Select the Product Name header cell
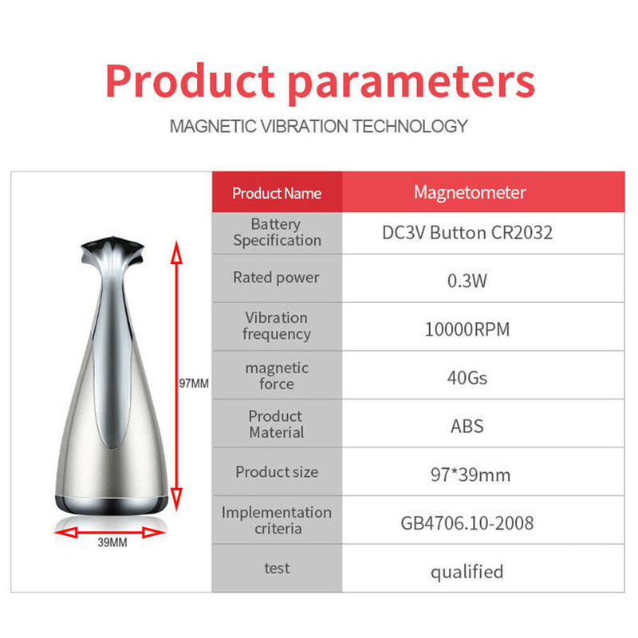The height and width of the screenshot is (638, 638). [x=277, y=193]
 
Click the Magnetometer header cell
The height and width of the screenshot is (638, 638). [x=470, y=192]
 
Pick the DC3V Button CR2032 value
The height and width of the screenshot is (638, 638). [x=467, y=234]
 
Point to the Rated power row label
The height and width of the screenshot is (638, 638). [x=276, y=278]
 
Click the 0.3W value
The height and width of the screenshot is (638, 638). [x=467, y=280]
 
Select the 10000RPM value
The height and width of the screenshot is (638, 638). [x=467, y=329]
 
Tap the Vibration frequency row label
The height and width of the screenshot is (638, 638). [x=276, y=325]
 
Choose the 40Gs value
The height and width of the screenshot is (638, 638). [x=467, y=376]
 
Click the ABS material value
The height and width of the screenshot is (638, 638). [x=467, y=425]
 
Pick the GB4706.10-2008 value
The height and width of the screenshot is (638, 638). [x=467, y=523]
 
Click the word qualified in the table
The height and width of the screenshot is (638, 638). [x=467, y=572]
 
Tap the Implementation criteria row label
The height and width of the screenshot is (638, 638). [x=276, y=520]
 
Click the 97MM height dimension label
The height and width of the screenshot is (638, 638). [x=193, y=383]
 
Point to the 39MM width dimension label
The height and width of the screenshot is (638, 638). [x=112, y=543]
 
